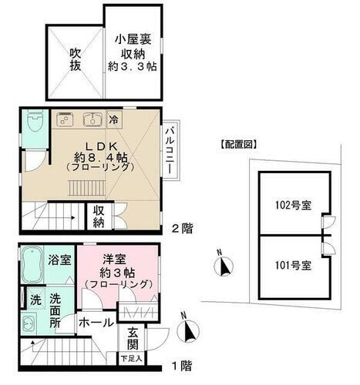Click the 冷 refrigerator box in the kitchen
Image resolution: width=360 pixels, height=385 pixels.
[x=113, y=120]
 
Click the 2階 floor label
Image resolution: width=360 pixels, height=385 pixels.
[x=182, y=228]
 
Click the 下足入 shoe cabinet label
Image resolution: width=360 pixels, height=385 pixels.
[x=130, y=358]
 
